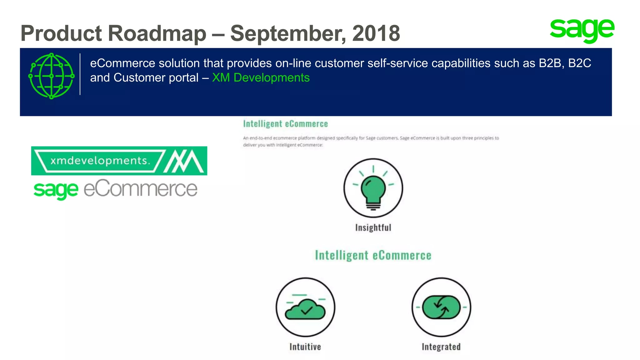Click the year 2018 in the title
(x=376, y=33)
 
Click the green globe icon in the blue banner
(x=52, y=76)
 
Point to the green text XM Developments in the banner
(x=261, y=77)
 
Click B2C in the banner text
(x=579, y=63)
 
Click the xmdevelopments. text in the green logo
(x=100, y=161)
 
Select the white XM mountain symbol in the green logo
(x=184, y=161)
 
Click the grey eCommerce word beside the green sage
(x=141, y=189)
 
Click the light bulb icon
(x=373, y=188)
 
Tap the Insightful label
(x=373, y=227)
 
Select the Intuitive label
(x=305, y=347)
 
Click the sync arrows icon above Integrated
(x=441, y=307)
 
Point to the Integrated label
(x=441, y=347)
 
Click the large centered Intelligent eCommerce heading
(x=373, y=255)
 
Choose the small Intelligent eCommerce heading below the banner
(x=285, y=124)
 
